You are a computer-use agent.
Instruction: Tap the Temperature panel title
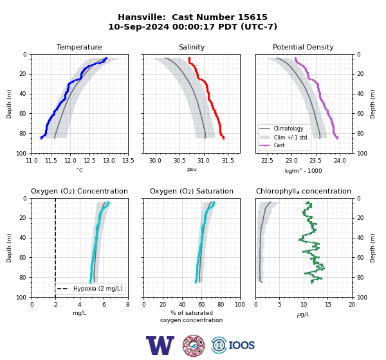click(79, 47)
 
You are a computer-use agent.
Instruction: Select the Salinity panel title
click(192, 47)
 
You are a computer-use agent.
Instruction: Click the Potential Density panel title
click(303, 47)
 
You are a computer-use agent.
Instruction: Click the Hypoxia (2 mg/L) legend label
click(98, 289)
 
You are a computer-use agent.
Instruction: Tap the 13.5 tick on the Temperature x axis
click(128, 161)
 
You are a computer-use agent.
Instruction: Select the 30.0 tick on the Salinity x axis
click(155, 161)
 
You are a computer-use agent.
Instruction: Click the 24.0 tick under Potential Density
click(340, 161)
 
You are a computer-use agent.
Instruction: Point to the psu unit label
click(192, 169)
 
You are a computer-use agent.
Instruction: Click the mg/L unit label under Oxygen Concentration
click(80, 313)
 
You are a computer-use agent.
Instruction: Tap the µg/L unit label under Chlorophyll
click(303, 314)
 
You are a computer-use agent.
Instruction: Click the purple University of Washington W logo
click(160, 345)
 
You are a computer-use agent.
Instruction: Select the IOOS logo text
click(241, 345)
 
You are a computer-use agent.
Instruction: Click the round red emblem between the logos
click(194, 345)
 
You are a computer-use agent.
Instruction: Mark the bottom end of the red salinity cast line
click(223, 138)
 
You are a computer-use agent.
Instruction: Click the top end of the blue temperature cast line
click(106, 59)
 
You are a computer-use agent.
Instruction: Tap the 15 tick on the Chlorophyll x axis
click(328, 305)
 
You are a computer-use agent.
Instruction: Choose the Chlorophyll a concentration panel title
click(303, 191)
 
